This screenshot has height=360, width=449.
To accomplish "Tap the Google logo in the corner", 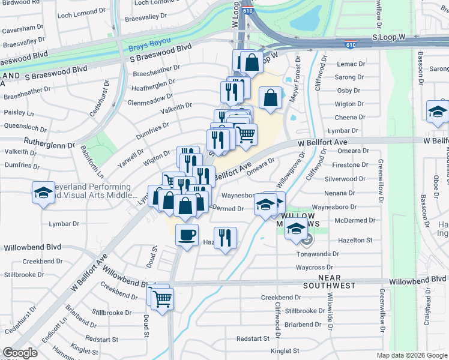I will coord(19,353).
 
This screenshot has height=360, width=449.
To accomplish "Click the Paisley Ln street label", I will coord(19,113).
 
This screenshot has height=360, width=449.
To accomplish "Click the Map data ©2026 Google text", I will coord(411,355).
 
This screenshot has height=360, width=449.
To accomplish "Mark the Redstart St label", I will coord(253,338).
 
